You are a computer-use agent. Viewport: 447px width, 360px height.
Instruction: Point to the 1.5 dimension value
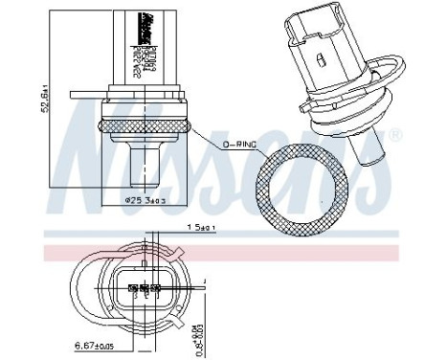coord(197,228)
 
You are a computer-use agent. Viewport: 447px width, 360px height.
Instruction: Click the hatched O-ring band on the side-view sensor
coord(144,126)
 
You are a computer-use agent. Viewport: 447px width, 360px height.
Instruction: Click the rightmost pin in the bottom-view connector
coord(156,285)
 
